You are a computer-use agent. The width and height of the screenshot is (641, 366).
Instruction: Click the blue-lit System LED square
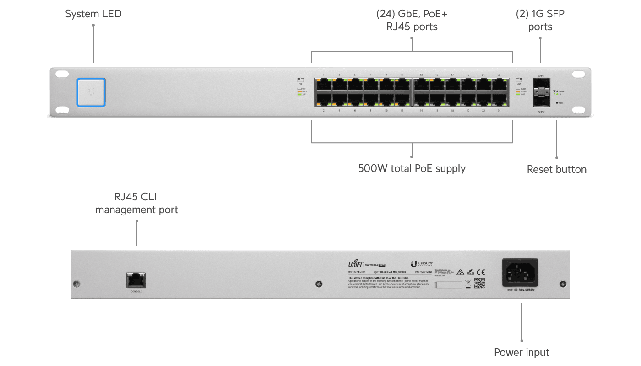click(92, 92)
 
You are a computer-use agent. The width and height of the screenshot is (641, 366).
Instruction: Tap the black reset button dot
click(557, 103)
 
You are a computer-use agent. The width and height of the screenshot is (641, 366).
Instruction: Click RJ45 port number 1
click(324, 84)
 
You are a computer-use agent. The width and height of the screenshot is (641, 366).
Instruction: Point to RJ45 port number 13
click(421, 84)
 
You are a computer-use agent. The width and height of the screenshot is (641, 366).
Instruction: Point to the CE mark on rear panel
click(481, 271)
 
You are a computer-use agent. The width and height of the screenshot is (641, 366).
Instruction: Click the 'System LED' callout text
click(93, 14)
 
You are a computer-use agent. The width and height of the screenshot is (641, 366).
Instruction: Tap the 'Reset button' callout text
click(556, 169)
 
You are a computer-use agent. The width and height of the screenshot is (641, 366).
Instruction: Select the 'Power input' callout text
click(521, 352)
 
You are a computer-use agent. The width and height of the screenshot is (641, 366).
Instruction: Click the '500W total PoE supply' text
click(412, 168)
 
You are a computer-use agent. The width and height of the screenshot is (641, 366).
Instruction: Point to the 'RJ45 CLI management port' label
click(136, 204)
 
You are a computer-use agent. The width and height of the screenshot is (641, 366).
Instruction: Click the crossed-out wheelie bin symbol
click(468, 284)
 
